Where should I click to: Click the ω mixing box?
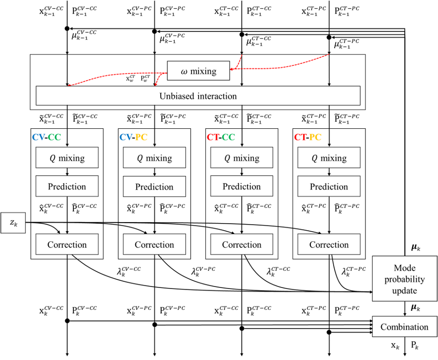pos(198,71)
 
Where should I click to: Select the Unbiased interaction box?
pos(198,96)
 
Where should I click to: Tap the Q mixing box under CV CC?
pos(67,158)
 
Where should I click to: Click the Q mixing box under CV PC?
pos(154,158)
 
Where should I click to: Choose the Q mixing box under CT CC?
pos(241,158)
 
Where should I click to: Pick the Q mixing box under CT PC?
pos(328,158)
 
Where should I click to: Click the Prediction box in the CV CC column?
pos(67,186)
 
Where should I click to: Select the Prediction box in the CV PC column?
pos(154,187)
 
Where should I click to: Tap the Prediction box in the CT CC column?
pos(241,186)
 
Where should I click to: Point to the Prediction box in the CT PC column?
pos(328,187)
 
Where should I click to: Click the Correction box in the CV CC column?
pos(67,244)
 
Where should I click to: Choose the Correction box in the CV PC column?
pos(154,244)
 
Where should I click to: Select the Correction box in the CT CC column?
pos(241,244)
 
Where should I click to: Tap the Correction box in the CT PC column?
pos(328,244)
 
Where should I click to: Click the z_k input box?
pos(13,223)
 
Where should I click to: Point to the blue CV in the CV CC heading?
pos(39,137)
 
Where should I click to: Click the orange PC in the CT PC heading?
pos(315,137)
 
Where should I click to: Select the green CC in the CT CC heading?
pos(229,137)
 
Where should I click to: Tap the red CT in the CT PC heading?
pos(301,137)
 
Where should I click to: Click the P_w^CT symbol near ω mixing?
pos(145,79)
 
